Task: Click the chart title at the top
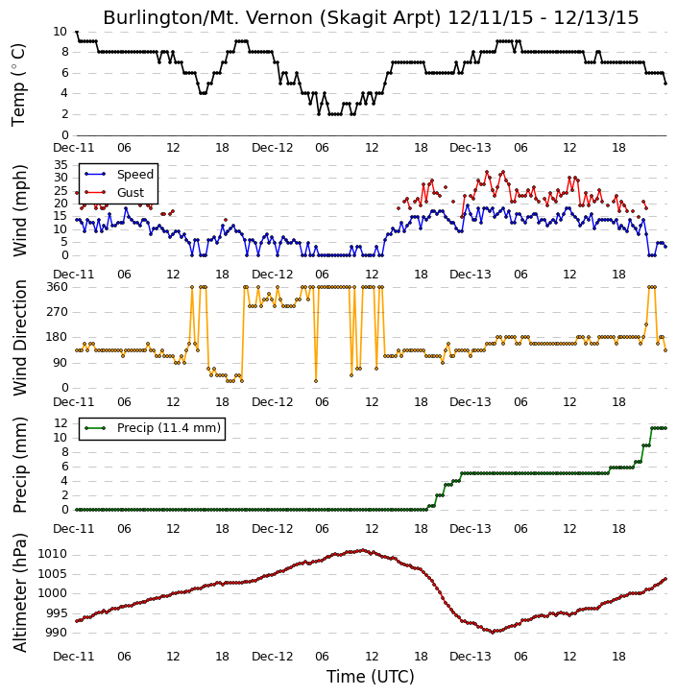(371, 17)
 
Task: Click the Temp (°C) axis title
(18, 84)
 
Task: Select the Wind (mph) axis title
(20, 210)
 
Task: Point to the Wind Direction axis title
(20, 337)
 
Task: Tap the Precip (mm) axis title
(20, 466)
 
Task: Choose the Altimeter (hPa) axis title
(20, 592)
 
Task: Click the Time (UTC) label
(371, 677)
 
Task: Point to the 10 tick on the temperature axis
(60, 32)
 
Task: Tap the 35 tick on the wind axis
(60, 165)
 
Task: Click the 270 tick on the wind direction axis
(58, 312)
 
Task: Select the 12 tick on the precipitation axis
(60, 423)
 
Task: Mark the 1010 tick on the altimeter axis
(53, 554)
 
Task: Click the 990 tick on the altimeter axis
(56, 633)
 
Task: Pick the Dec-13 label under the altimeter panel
(471, 656)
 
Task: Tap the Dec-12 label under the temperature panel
(272, 148)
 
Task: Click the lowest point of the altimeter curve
(493, 632)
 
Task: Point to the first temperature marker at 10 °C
(77, 32)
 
